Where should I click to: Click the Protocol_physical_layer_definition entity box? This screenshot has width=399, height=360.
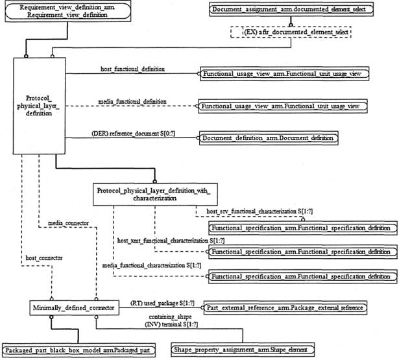pos(38,106)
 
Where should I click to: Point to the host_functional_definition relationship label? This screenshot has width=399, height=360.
pos(132,68)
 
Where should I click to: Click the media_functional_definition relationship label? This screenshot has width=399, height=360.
pos(132,102)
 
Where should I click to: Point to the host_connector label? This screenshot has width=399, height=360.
pos(45,258)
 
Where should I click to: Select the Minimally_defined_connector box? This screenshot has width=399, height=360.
pos(75,307)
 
